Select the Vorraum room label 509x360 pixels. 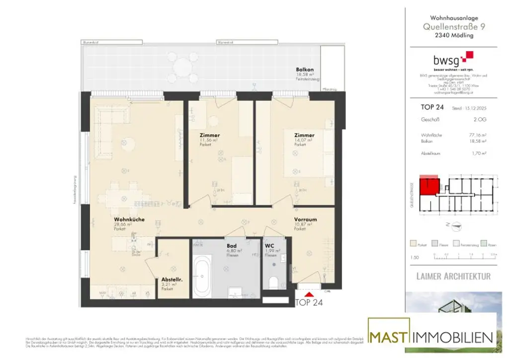(x=305, y=219)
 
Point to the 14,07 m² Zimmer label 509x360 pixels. (x=304, y=135)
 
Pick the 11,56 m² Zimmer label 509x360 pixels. (x=209, y=135)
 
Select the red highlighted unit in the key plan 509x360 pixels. (x=428, y=186)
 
